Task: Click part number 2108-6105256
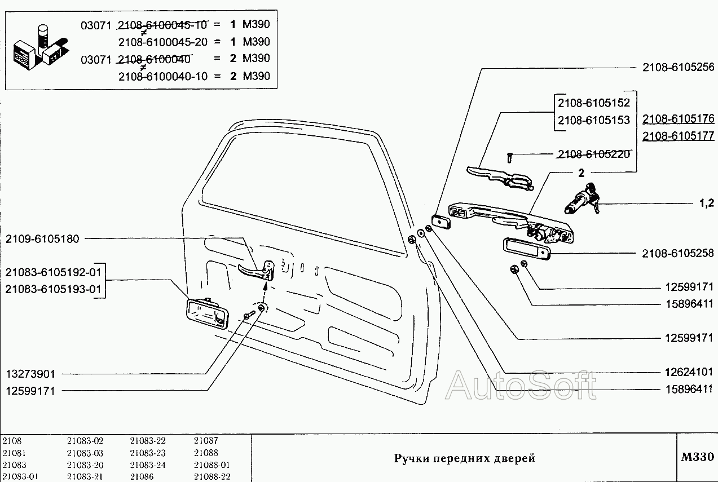click(x=678, y=67)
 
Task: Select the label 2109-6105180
click(x=43, y=238)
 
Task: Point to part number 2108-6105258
click(x=678, y=254)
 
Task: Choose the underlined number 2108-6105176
click(x=678, y=119)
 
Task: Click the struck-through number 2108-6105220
click(x=593, y=154)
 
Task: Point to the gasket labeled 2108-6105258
click(x=526, y=249)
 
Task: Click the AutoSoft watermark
click(x=520, y=386)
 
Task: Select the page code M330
click(x=697, y=456)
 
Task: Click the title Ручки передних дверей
click(x=464, y=458)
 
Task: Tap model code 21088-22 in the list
click(x=212, y=476)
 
